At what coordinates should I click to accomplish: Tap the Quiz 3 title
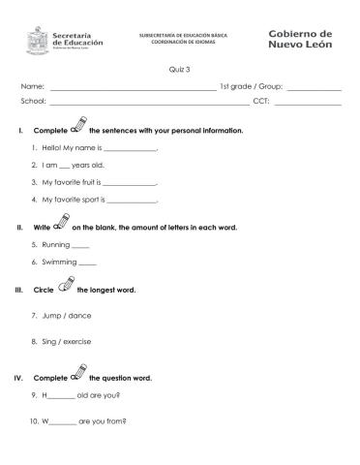pyautogui.click(x=179, y=69)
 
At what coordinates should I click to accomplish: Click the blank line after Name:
pyautogui.click(x=134, y=87)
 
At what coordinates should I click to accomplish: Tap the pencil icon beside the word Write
pyautogui.click(x=62, y=223)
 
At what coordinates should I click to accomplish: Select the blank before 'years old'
pyautogui.click(x=65, y=167)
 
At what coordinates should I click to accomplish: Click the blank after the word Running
pyautogui.click(x=80, y=247)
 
